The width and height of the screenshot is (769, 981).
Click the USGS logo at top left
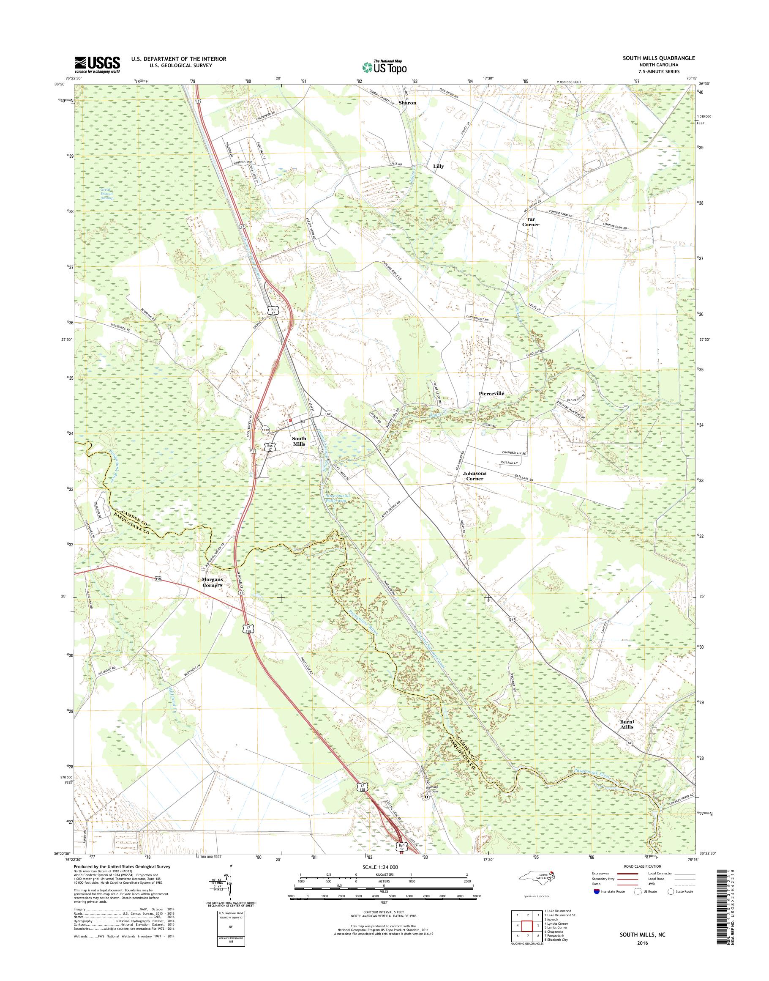tap(97, 64)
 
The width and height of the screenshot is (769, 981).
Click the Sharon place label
tap(407, 103)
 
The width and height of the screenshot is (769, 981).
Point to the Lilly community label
tap(438, 166)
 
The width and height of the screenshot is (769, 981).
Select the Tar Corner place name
tap(530, 222)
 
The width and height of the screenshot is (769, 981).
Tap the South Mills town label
tap(299, 441)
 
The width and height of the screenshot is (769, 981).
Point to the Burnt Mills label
tap(627, 736)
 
